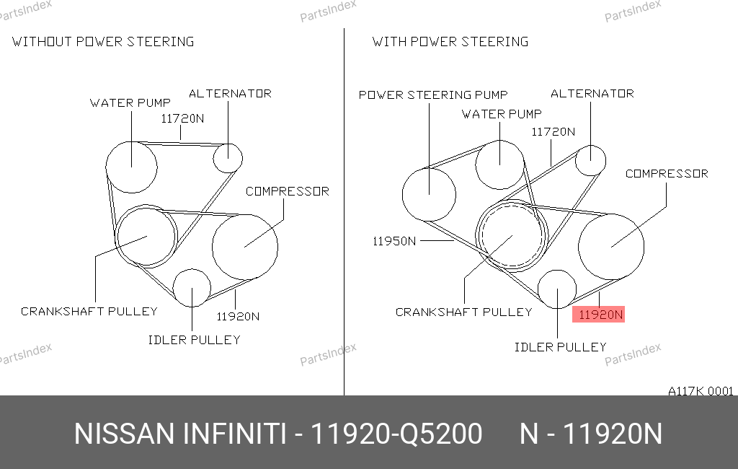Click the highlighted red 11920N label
[x=598, y=315]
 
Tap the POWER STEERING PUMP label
[x=433, y=95]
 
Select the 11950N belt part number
[x=394, y=241]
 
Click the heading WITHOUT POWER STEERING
[x=103, y=42]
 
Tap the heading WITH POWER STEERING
[x=450, y=42]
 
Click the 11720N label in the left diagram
[x=182, y=119]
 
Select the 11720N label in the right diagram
[x=553, y=132]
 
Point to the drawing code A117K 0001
[x=701, y=391]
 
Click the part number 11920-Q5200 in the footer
[x=396, y=434]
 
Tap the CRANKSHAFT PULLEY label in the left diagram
[x=89, y=312]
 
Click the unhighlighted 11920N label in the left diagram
[x=238, y=317]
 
